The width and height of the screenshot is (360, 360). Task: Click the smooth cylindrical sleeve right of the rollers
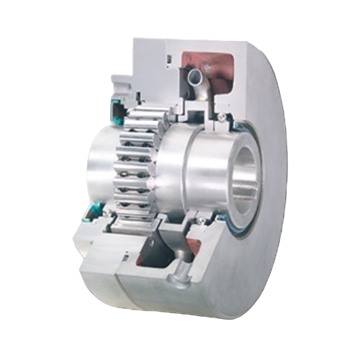pyautogui.click(x=194, y=173)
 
